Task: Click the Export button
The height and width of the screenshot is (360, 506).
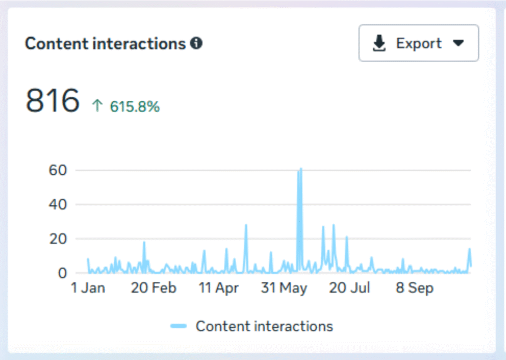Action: click(x=419, y=43)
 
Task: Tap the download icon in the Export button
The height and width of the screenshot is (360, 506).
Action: click(x=379, y=43)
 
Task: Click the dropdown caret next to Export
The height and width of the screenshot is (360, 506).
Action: click(x=458, y=43)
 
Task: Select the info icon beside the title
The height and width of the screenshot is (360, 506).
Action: click(x=196, y=43)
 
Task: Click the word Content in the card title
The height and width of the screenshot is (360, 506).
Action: click(x=56, y=43)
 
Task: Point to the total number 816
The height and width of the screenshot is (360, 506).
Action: click(x=52, y=100)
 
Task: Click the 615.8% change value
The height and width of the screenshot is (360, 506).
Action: click(x=135, y=107)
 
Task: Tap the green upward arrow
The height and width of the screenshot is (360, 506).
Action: click(x=97, y=106)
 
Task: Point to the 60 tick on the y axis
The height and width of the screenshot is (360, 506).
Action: click(x=58, y=170)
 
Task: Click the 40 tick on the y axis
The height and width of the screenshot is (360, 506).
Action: click(x=58, y=204)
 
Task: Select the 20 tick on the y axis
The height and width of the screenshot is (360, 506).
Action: click(x=58, y=239)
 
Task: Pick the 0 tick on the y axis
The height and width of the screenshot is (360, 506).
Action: click(x=62, y=273)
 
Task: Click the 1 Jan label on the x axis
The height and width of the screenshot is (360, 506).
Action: click(x=88, y=288)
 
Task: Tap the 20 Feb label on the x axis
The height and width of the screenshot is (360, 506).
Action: click(x=154, y=288)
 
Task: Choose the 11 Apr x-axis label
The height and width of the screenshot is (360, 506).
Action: click(x=219, y=288)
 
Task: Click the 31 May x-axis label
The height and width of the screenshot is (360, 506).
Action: click(x=284, y=288)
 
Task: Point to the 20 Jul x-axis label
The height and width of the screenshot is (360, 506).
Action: click(x=349, y=288)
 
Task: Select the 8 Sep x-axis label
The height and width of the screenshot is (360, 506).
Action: click(x=415, y=288)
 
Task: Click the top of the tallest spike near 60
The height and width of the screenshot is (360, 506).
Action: click(x=301, y=168)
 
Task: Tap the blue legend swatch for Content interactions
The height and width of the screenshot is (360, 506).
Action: click(x=178, y=326)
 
